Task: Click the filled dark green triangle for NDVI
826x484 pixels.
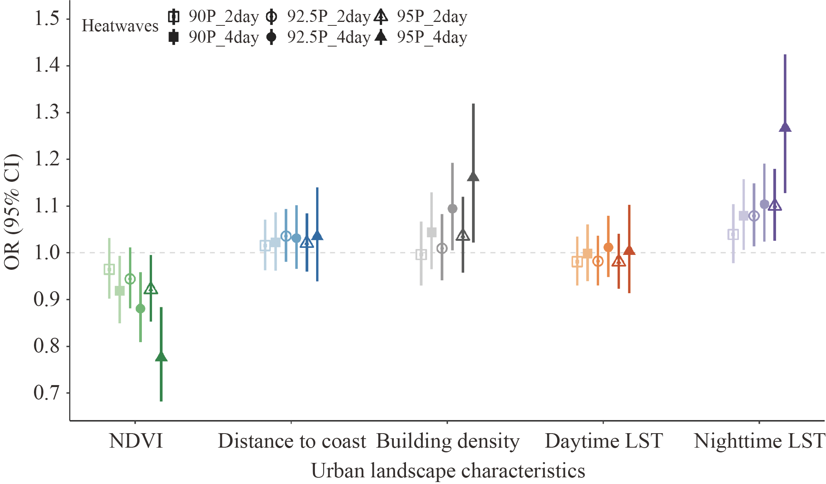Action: point(161,357)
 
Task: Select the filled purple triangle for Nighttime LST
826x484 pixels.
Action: point(785,127)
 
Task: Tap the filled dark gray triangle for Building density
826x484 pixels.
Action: point(473,177)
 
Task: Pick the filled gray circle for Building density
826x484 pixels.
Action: point(452,209)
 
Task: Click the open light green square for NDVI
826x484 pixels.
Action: point(109,269)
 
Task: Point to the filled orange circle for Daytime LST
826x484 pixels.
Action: point(608,247)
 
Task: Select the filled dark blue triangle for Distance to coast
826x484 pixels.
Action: point(317,236)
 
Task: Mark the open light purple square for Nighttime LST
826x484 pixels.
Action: point(733,235)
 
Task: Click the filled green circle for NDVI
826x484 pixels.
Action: point(140,308)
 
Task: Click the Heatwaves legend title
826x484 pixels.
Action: point(120,26)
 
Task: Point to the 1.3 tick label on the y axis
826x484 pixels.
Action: point(47,112)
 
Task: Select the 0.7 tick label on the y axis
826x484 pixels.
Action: point(47,393)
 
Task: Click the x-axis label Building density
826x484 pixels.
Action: point(448,441)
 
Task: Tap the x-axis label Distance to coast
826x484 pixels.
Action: point(291,441)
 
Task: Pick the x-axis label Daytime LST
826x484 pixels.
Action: point(604,441)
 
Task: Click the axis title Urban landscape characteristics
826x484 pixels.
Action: point(448,470)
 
